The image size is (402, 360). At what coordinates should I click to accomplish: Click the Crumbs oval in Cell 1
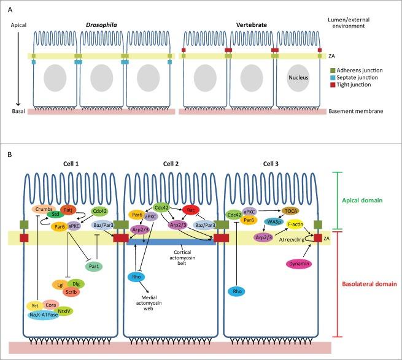pyautogui.click(x=43, y=209)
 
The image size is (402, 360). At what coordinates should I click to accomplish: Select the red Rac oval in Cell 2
pyautogui.click(x=190, y=210)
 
